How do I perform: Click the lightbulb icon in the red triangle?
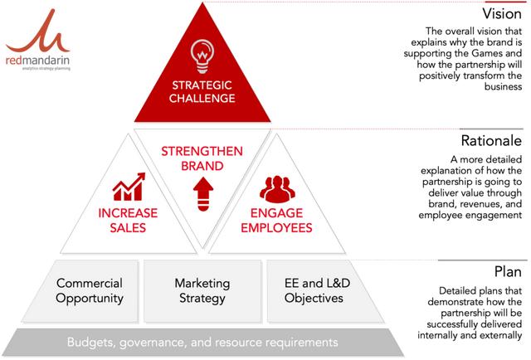point(202,56)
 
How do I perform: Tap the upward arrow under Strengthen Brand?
point(202,194)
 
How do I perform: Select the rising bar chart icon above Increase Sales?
point(129,187)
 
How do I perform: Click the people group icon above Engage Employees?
point(277,189)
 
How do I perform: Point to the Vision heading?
point(502,14)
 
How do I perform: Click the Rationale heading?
point(491,140)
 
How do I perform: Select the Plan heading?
point(508,271)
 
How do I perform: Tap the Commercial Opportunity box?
point(90,291)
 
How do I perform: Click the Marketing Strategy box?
point(202,291)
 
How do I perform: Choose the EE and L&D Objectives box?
point(317,291)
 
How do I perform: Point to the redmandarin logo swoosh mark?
point(38,34)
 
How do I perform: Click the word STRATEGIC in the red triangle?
point(202,85)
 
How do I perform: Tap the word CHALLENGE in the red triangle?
point(202,98)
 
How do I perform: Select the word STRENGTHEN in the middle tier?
point(202,152)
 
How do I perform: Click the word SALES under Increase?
point(128,227)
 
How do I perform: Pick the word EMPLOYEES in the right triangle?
point(276,227)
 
